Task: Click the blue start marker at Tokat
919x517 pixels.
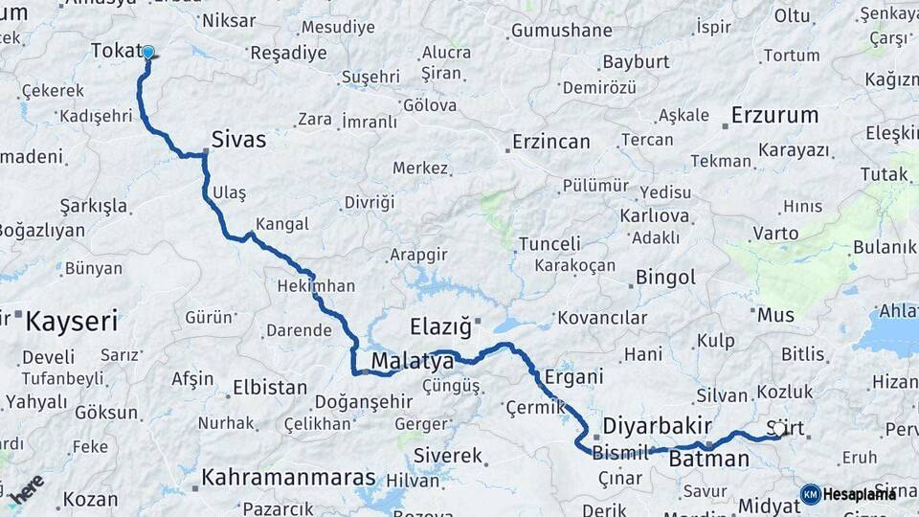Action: click(x=148, y=53)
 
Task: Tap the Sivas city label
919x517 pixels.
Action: click(x=238, y=140)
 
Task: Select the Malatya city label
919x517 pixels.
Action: click(x=412, y=362)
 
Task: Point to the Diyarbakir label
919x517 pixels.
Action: click(x=657, y=426)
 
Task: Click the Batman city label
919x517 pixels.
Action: click(x=708, y=460)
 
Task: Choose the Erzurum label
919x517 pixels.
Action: click(x=774, y=116)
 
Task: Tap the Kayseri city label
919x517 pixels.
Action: click(x=72, y=321)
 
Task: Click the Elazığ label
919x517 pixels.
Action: click(x=441, y=327)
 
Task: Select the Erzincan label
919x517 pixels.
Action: click(x=550, y=143)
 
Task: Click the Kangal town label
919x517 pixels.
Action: click(x=282, y=224)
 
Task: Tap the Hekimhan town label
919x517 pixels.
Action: click(x=316, y=286)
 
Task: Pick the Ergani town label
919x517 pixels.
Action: click(x=573, y=377)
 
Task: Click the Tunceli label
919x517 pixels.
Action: click(x=549, y=244)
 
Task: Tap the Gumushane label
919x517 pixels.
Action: click(x=561, y=31)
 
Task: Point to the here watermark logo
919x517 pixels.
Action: click(x=27, y=488)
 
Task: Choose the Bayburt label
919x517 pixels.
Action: click(x=636, y=62)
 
